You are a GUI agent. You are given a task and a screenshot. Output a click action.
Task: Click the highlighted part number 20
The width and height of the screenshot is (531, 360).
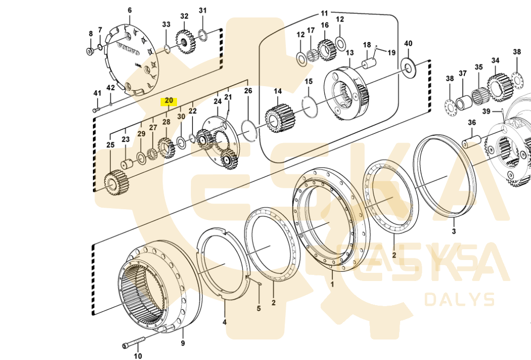(169, 101)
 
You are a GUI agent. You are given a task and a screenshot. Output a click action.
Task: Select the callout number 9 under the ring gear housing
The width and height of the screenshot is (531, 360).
(183, 344)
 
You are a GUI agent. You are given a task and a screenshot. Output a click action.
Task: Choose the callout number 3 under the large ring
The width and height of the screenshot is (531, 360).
(454, 232)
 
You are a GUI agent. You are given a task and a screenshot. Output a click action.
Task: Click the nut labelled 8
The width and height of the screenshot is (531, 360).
(90, 51)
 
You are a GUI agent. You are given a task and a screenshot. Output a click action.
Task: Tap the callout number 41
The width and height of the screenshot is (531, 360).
(97, 93)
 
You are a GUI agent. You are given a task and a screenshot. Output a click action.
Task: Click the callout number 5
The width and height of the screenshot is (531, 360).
(259, 308)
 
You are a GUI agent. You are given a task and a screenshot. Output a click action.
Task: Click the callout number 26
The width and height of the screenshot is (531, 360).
(248, 91)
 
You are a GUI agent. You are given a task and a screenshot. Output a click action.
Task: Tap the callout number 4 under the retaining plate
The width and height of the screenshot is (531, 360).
(224, 322)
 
